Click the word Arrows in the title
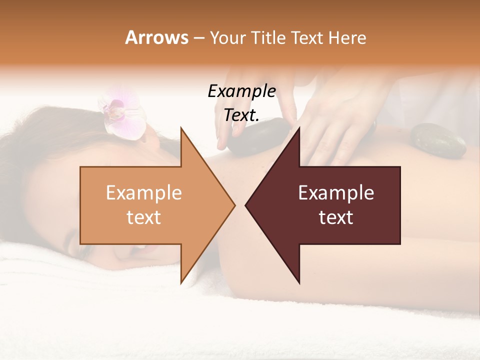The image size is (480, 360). (156, 37)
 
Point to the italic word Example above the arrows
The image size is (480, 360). (242, 91)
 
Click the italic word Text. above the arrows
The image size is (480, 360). (242, 115)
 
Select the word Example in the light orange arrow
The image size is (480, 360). (144, 193)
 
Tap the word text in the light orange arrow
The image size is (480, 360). (144, 217)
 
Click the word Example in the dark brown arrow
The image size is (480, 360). (336, 193)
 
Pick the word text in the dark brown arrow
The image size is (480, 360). (336, 217)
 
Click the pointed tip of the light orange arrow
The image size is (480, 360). (234, 205)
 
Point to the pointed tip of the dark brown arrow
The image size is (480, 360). (246, 205)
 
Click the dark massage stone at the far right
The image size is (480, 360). (438, 140)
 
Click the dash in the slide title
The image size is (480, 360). (198, 38)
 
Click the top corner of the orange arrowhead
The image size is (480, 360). (181, 128)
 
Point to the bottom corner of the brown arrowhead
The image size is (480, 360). (299, 283)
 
